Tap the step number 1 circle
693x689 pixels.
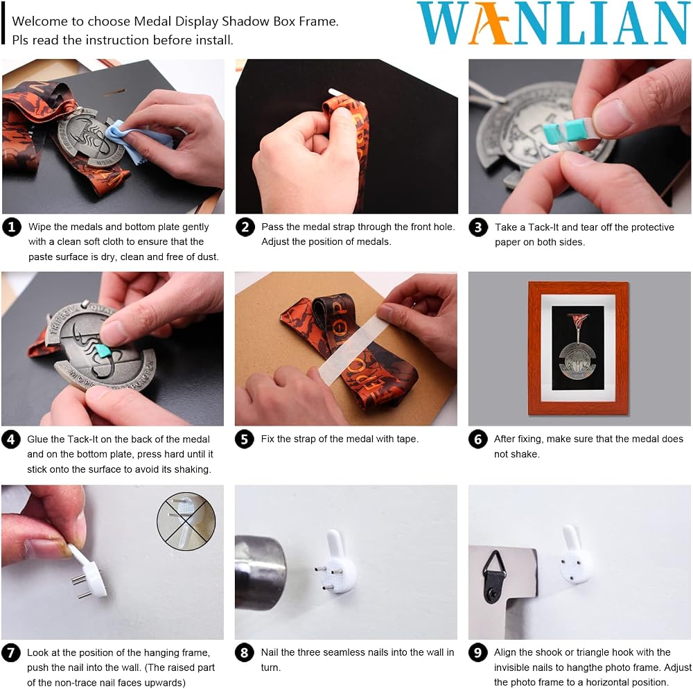12,227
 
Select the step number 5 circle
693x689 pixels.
245,439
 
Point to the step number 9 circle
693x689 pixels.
477,653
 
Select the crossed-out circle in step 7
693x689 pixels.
186,521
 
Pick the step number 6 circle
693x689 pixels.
477,439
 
